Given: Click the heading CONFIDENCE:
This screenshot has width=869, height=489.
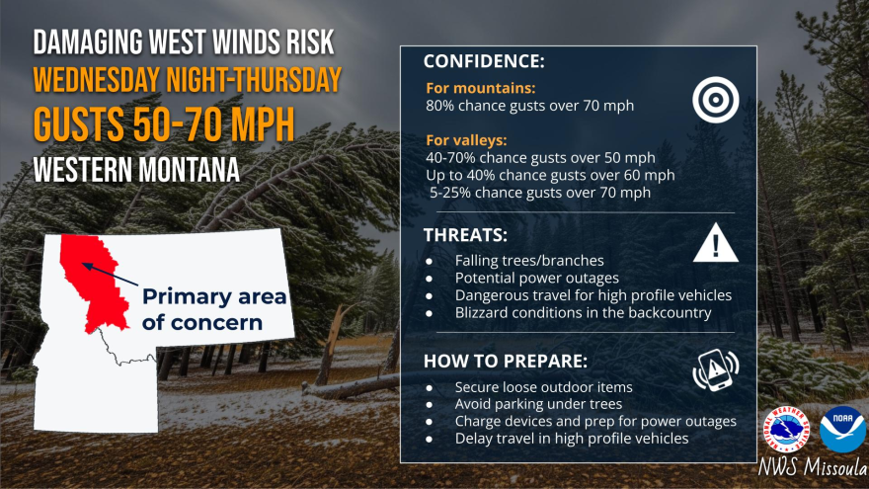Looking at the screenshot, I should pos(484,62).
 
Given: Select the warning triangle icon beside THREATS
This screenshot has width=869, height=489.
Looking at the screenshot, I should pos(715,242).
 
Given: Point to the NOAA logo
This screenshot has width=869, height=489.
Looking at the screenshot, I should pos(842,430).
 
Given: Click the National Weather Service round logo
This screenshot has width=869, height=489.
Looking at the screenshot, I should pos(787,431).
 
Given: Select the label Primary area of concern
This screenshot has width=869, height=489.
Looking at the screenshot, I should pos(213,308).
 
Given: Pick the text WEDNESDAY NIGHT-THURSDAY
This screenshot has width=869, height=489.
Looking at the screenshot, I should pos(188,80).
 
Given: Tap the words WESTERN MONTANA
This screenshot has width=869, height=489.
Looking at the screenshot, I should pos(135,169).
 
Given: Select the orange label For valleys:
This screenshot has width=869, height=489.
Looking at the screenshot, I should pos(467,140).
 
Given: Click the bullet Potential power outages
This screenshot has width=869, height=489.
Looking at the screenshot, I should pos(537,278).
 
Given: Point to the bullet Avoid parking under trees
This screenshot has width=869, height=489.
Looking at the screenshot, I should pos(539,404).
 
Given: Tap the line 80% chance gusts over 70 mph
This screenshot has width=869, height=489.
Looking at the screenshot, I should pos(530,105).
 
